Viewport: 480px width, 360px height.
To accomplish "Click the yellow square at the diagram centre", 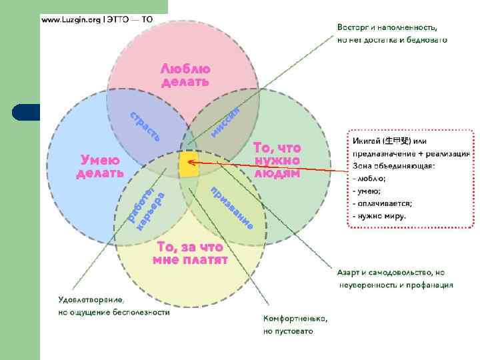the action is pyautogui.click(x=189, y=164).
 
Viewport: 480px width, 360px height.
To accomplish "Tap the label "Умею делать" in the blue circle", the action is pyautogui.click(x=100, y=166).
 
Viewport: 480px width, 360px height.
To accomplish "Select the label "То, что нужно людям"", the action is pyautogui.click(x=277, y=161).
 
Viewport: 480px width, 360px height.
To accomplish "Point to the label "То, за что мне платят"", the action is pyautogui.click(x=190, y=253).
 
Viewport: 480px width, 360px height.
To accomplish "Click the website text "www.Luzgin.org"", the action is pyautogui.click(x=69, y=20).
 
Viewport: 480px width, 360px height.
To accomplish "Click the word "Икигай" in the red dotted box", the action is pyautogui.click(x=367, y=141).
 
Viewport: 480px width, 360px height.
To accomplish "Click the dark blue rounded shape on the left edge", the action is pyautogui.click(x=27, y=111).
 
